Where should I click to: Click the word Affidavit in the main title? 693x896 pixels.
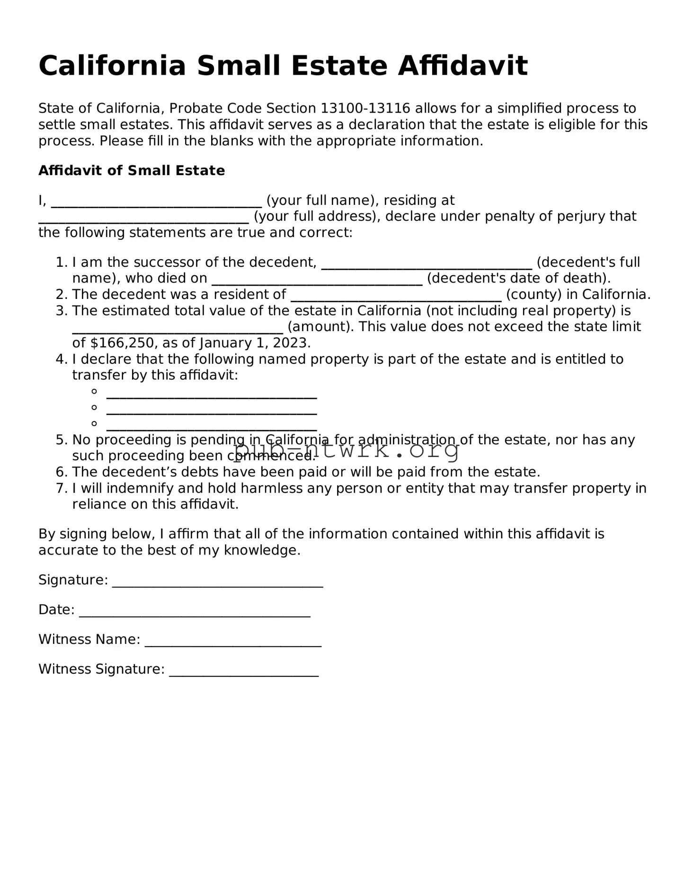click(x=462, y=66)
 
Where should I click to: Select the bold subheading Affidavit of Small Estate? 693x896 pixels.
click(x=132, y=170)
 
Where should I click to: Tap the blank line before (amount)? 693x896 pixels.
click(x=178, y=329)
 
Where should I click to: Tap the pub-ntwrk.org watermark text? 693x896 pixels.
click(x=346, y=449)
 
